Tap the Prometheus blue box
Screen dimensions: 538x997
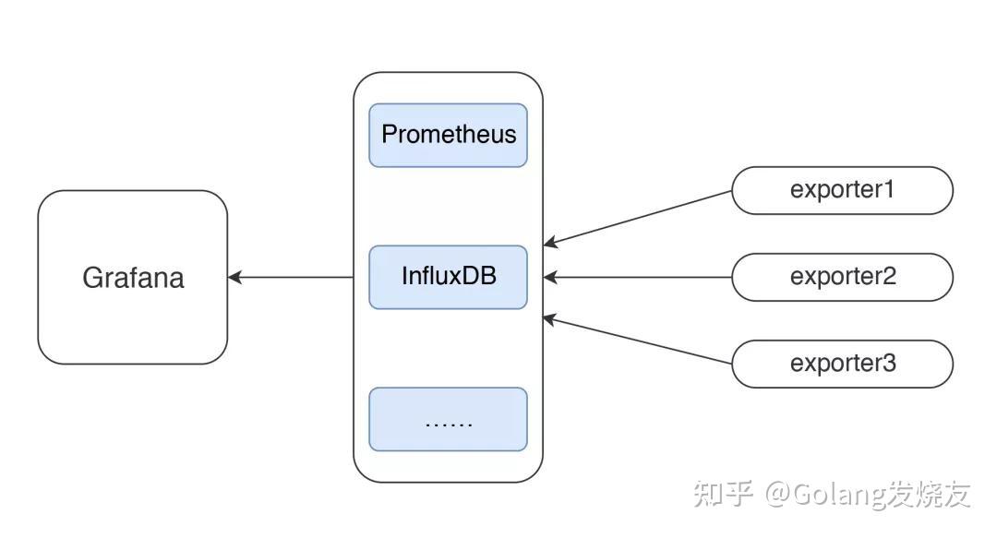tap(448, 135)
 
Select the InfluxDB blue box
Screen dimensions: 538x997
tap(448, 276)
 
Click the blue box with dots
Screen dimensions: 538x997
tap(448, 419)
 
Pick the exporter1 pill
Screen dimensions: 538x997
tap(841, 190)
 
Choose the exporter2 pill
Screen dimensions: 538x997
tap(841, 277)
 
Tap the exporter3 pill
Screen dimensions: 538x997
tap(841, 364)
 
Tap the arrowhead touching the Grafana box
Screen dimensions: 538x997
tap(234, 277)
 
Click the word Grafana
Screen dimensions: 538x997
tap(133, 278)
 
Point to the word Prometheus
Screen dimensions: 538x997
tap(449, 135)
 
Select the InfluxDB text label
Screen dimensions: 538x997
tap(449, 276)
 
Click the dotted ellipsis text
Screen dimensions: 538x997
tap(449, 423)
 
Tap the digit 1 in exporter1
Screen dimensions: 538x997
tap(889, 190)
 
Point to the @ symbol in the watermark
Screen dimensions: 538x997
tap(777, 495)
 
